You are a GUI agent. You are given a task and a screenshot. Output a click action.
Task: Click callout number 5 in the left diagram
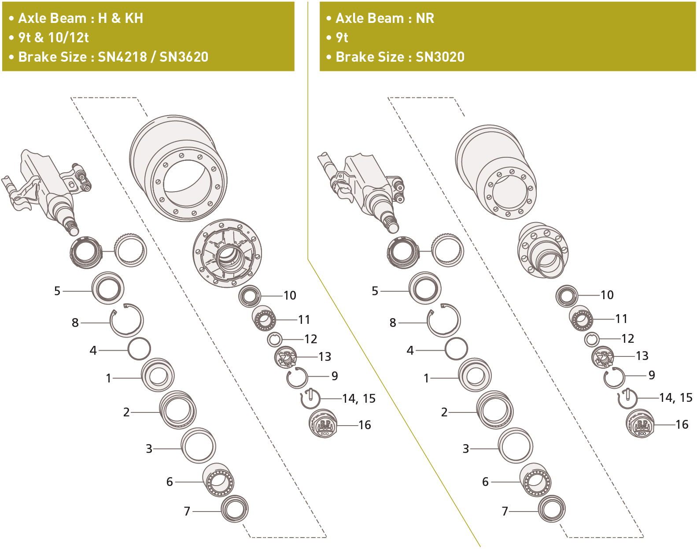point(57,291)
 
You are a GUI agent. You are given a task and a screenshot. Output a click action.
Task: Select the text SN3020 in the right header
point(440,57)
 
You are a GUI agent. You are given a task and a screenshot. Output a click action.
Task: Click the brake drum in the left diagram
point(178,169)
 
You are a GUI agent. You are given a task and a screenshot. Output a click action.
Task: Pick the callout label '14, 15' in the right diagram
point(675,398)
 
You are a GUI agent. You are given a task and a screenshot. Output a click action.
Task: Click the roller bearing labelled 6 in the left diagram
point(218,481)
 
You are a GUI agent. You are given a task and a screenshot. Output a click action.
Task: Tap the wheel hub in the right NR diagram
point(543,250)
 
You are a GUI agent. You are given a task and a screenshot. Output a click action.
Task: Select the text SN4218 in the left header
point(122,57)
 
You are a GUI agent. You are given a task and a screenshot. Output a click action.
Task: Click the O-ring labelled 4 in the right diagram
point(456,349)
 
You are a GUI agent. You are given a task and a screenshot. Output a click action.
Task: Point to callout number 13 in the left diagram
point(325,356)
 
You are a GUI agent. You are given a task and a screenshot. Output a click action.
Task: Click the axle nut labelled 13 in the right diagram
point(603,357)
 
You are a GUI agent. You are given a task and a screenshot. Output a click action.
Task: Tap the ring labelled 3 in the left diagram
point(198,446)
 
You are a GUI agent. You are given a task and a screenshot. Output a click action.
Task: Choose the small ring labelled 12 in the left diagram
point(275,339)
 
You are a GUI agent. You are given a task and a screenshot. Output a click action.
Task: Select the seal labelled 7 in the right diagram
point(552,509)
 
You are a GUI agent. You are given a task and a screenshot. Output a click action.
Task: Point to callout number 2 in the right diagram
point(444,412)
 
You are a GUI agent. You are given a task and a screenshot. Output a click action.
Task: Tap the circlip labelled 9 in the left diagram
point(297,378)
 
